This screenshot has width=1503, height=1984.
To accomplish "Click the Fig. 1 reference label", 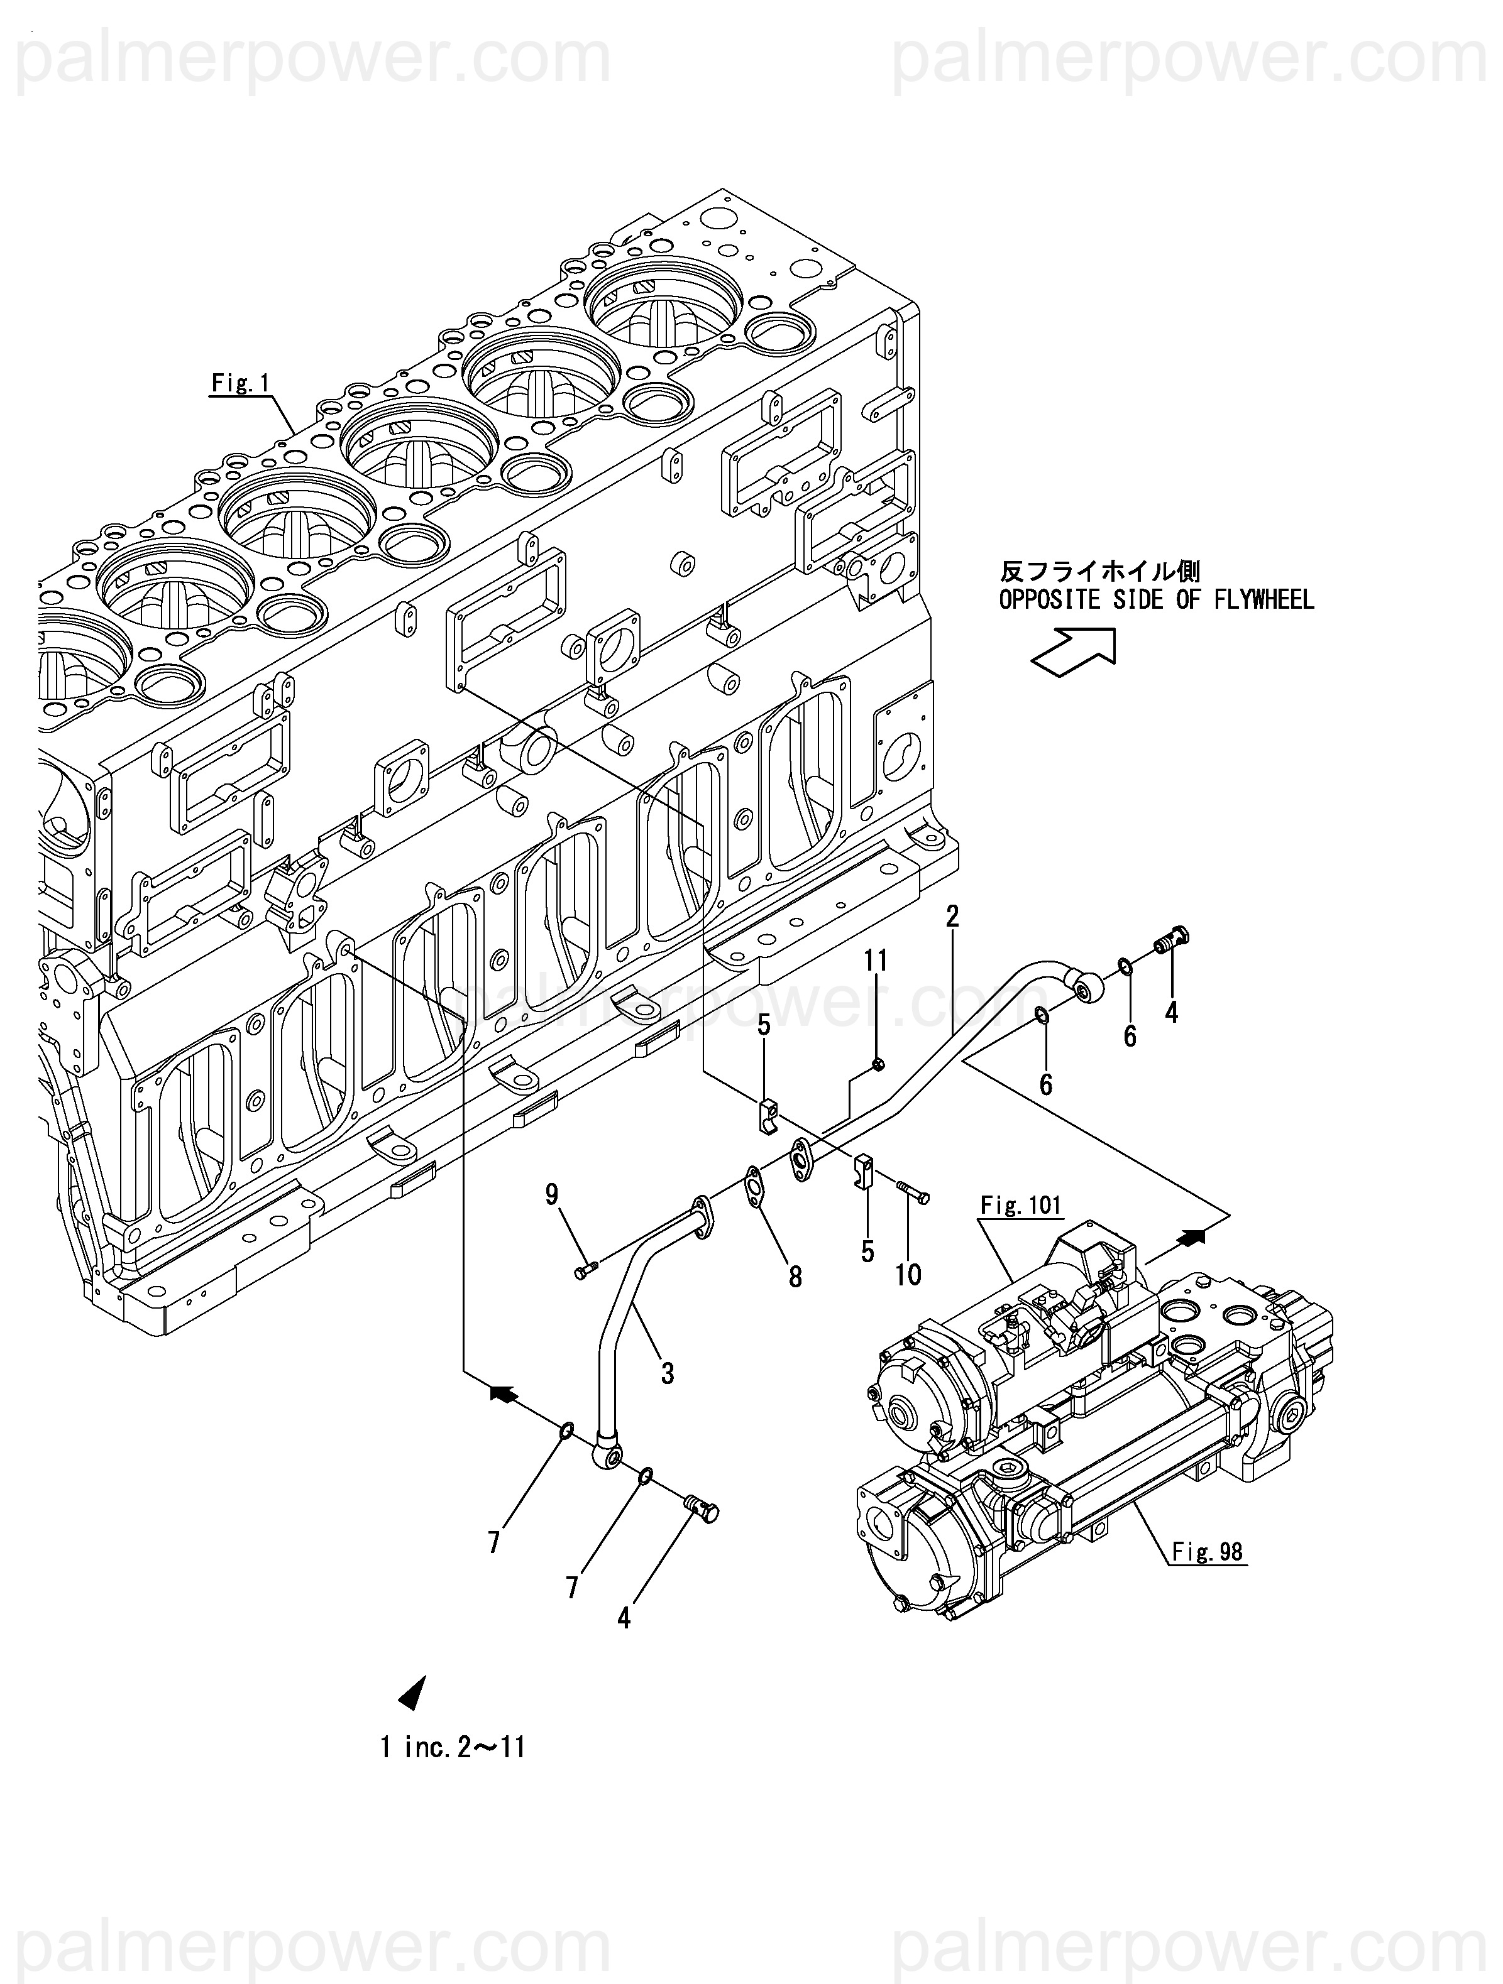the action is (241, 383).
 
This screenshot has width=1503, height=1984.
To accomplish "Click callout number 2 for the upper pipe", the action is (952, 916).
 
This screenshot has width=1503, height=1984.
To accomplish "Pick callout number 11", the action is (876, 961).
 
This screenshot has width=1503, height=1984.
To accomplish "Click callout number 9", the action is (552, 1194).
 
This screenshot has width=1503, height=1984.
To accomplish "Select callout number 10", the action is (908, 1275).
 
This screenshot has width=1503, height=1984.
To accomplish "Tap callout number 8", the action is (795, 1277).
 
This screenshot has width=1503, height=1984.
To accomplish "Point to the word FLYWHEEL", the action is (1264, 599).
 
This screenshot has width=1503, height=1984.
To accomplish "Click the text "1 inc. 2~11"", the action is (452, 1747).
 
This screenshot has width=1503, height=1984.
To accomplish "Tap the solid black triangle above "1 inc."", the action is (413, 1692).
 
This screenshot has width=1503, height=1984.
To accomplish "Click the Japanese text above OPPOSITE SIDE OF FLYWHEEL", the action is (1100, 571).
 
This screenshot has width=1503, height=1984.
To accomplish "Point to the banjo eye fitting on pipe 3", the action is (607, 1459).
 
